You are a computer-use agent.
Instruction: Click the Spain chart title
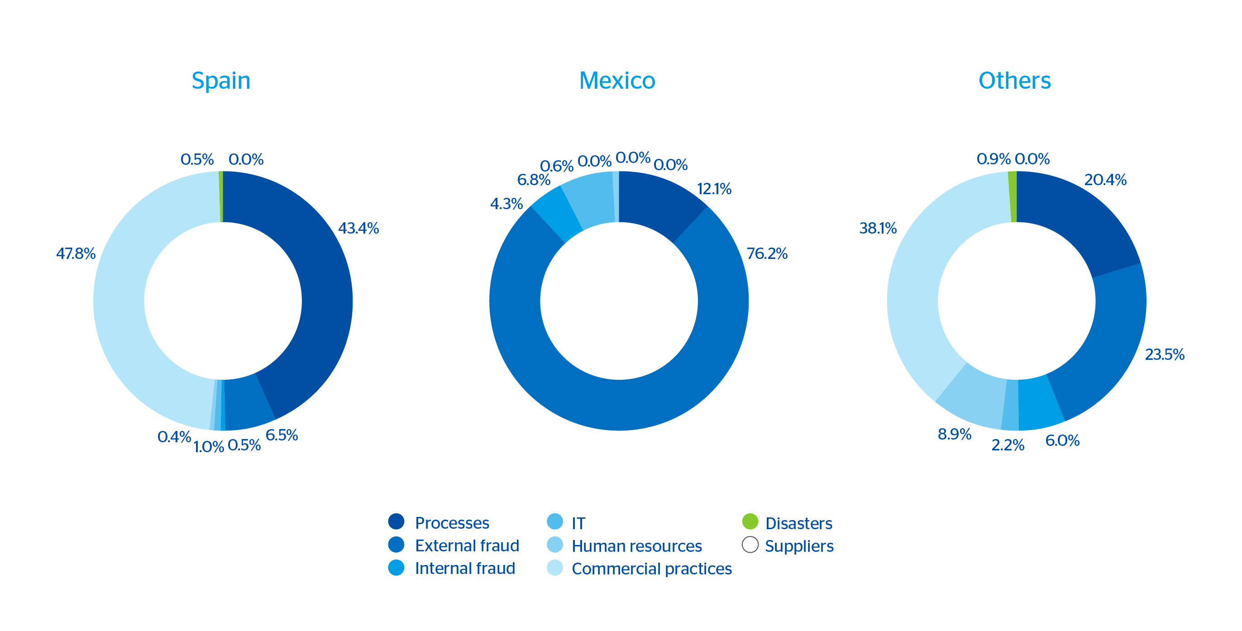pos(221,81)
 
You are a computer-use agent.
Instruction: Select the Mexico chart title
pos(617,81)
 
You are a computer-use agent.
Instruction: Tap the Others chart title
pos(1014,81)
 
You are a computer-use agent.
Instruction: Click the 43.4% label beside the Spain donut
pos(358,228)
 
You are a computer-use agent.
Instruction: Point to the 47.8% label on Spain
pos(76,253)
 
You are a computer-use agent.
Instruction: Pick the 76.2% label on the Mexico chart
pos(767,253)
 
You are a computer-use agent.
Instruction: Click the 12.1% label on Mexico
pos(714,189)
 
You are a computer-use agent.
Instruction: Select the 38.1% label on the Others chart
pos(878,228)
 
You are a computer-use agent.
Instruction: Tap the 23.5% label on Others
pos(1164,355)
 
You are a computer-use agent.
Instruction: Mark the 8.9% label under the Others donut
pos(954,435)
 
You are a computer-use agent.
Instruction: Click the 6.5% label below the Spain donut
pos(282,435)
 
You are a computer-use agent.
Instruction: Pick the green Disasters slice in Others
pos(1013,196)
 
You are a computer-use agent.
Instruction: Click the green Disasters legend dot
pos(750,521)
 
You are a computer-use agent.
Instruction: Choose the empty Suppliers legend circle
pos(750,545)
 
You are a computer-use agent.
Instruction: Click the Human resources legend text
pos(636,546)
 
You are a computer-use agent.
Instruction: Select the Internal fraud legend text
pos(465,569)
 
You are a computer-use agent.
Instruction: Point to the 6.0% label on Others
pos(1062,440)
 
